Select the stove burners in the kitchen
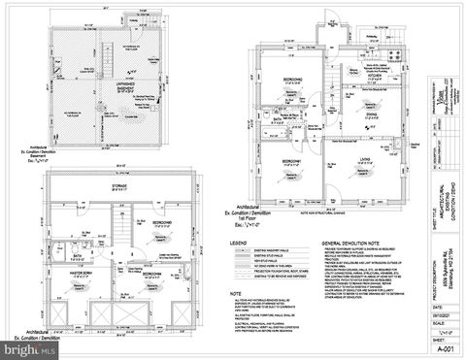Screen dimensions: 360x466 click(x=393, y=54)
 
